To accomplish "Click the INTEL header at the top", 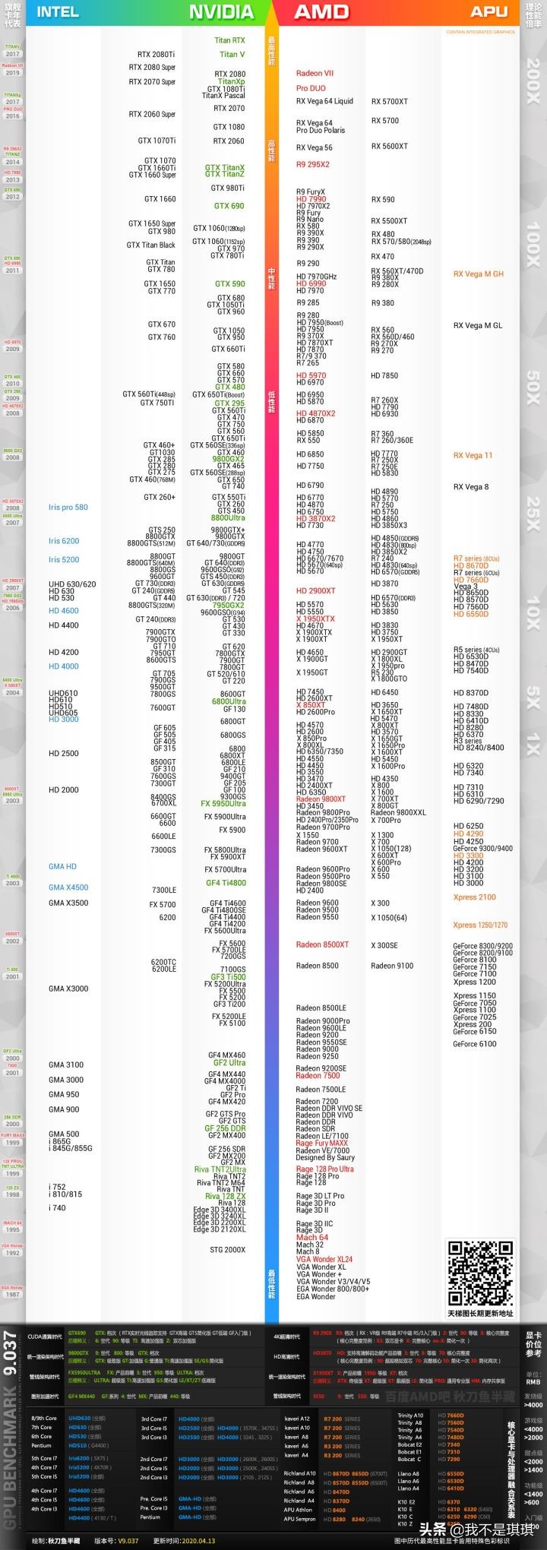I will (x=58, y=11).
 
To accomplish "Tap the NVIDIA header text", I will (x=221, y=11).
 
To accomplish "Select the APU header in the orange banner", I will (x=489, y=11).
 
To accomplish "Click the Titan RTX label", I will (x=229, y=41).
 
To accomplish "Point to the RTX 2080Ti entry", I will (x=156, y=55).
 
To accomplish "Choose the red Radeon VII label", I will (x=315, y=74).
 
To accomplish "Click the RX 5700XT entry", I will (x=389, y=101).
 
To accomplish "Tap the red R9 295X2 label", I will (x=312, y=164).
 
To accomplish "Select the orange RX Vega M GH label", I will (x=478, y=274).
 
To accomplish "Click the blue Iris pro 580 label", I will (x=68, y=508).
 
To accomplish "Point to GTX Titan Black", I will (x=150, y=245).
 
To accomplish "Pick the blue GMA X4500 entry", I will (x=68, y=887).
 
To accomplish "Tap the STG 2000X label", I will (x=227, y=1250).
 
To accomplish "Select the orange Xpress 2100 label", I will (x=474, y=897).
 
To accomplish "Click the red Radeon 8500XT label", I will (x=322, y=944).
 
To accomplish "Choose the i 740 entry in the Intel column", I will (x=57, y=1207).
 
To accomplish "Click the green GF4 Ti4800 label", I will (x=226, y=883).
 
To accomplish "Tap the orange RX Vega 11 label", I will (x=473, y=456).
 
